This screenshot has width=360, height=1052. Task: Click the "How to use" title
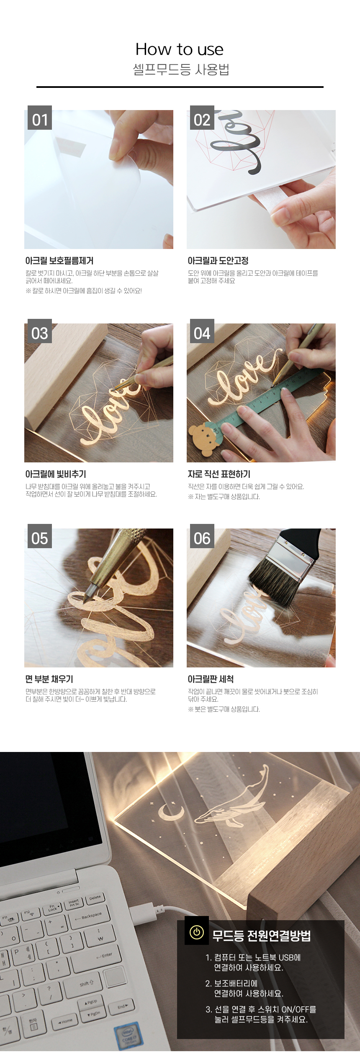[x=180, y=49]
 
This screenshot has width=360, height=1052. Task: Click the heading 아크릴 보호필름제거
[x=59, y=261]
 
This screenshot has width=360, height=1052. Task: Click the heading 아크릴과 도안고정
[x=218, y=261]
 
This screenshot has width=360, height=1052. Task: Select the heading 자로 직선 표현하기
[x=219, y=474]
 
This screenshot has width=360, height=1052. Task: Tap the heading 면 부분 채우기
[x=49, y=679]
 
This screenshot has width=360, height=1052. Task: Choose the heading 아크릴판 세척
[x=211, y=679]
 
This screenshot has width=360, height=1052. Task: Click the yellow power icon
[x=196, y=932]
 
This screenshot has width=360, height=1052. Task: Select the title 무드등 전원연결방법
[x=262, y=936]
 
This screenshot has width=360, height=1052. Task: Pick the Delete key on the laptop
[x=95, y=898]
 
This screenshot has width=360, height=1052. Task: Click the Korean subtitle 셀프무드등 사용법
[x=181, y=69]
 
